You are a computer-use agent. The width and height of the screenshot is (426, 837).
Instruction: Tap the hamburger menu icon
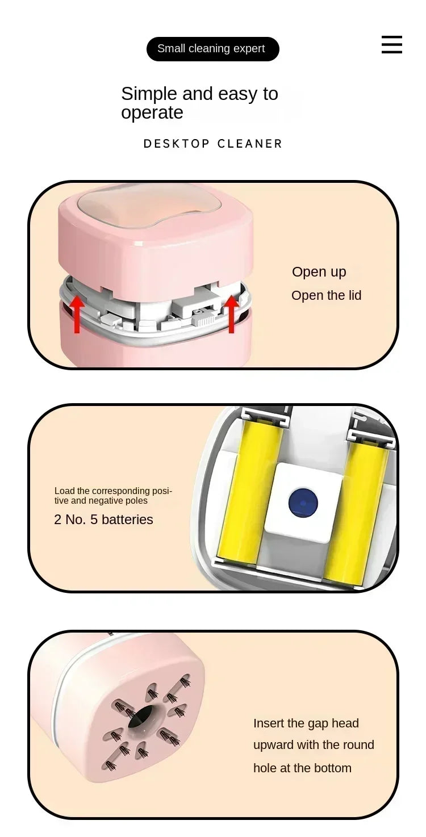tap(391, 44)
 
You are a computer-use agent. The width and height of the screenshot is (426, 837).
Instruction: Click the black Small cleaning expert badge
tap(212, 49)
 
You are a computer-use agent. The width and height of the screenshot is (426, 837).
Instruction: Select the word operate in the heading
tap(152, 112)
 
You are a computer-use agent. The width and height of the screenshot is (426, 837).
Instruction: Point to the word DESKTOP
tap(177, 144)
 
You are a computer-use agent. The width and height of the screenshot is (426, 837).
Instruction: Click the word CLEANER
tap(249, 144)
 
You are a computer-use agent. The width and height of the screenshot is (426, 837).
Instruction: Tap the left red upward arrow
tap(77, 314)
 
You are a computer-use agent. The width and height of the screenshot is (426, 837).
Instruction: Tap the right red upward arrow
tap(231, 314)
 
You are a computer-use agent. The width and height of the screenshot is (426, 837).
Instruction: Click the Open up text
tap(319, 272)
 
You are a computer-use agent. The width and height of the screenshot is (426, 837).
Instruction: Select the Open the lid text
tap(326, 295)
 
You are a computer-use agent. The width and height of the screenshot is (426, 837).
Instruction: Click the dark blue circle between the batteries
tap(303, 503)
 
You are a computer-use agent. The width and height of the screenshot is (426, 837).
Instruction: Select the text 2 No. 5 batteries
tap(103, 520)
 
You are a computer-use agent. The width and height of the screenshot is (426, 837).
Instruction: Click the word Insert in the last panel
tap(268, 723)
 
